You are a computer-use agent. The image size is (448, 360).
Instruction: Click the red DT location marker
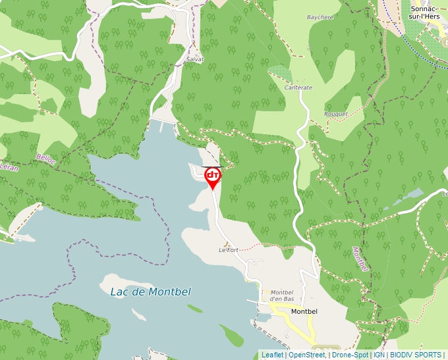(213, 176)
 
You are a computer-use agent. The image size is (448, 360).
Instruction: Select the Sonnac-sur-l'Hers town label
(425, 13)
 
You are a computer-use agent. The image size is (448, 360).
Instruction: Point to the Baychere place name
(320, 17)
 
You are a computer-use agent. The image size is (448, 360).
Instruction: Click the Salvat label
(195, 59)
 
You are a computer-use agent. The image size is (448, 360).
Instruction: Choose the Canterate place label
(298, 88)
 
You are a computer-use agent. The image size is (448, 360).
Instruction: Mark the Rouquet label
(335, 114)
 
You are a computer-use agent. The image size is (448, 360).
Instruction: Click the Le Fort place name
(228, 250)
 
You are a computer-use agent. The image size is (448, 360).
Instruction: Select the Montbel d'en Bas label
(281, 296)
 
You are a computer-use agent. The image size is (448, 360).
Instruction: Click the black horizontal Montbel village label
(304, 311)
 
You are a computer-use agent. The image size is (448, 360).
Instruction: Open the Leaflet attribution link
(272, 355)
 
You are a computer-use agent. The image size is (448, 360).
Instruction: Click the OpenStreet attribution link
(306, 355)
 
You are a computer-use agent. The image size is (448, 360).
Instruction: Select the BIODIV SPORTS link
(415, 355)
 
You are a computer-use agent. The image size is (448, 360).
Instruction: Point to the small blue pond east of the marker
(412, 194)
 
